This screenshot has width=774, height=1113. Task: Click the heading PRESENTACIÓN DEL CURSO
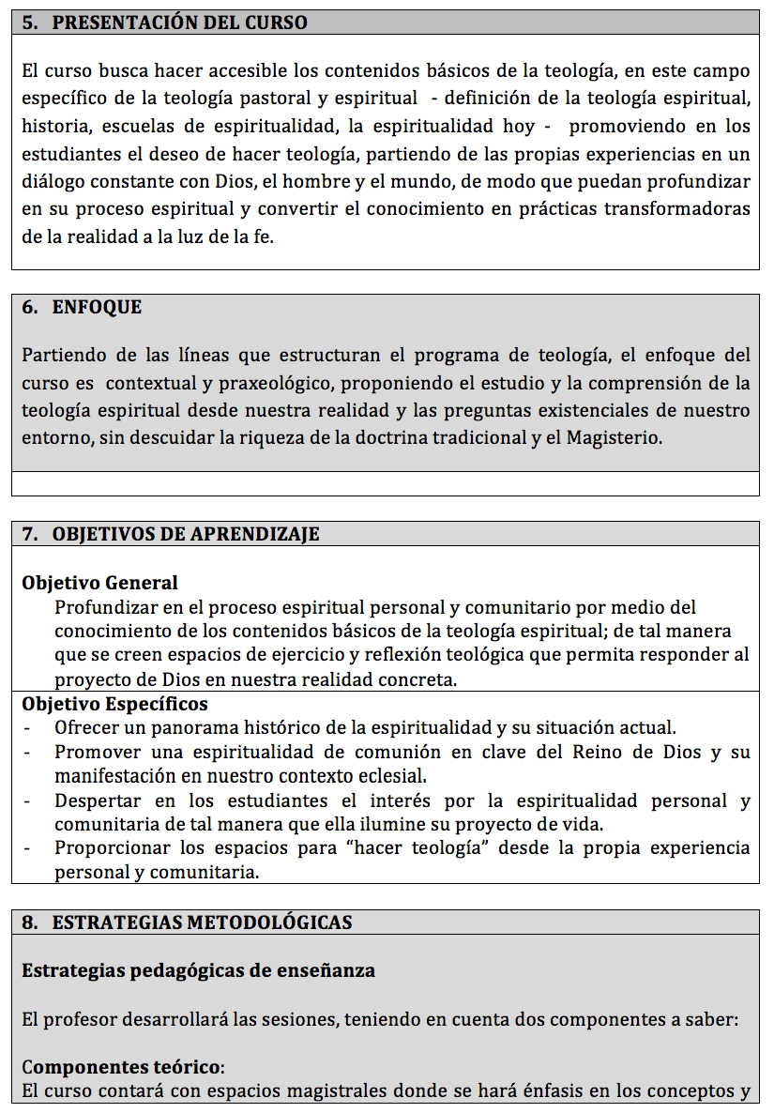click(179, 23)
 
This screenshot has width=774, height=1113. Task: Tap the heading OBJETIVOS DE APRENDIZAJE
click(186, 534)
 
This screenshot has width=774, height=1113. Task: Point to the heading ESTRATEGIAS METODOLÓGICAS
click(202, 922)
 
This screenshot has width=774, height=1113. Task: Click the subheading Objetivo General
click(99, 584)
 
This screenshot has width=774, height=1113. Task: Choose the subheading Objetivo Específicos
click(114, 704)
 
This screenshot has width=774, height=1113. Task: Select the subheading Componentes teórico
click(123, 1068)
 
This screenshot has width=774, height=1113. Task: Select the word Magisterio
click(615, 438)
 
